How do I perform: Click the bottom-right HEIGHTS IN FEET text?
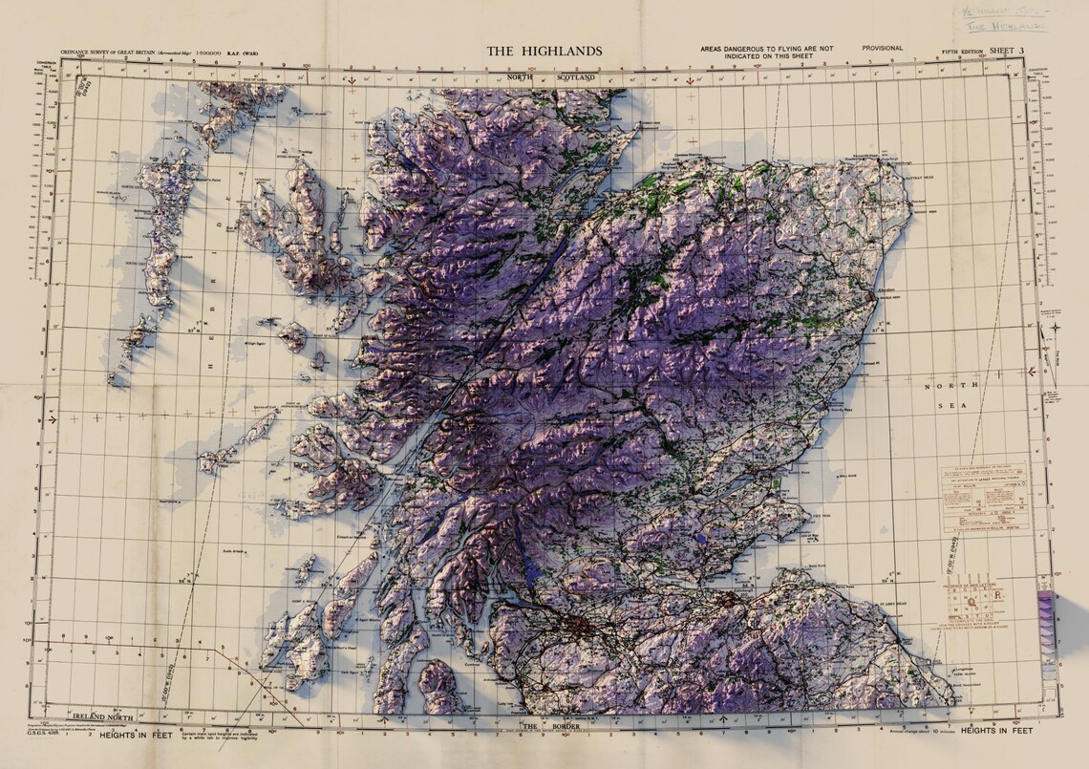tap(996, 730)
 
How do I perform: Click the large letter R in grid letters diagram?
tap(999, 598)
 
